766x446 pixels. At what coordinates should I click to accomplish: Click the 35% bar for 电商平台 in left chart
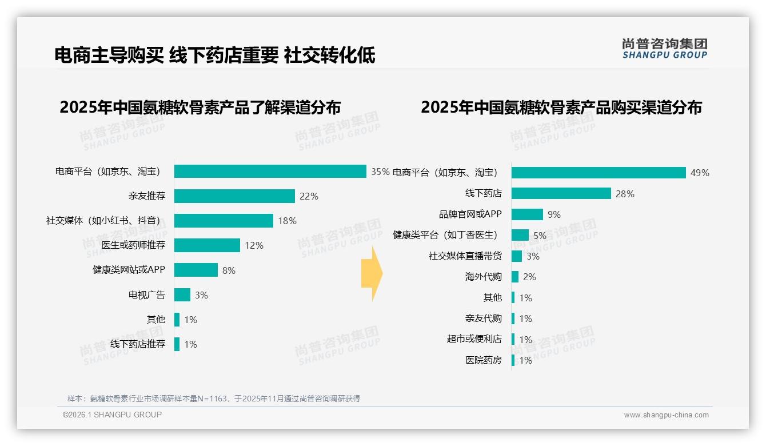click(x=270, y=172)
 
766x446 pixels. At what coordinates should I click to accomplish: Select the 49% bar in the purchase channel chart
click(x=598, y=173)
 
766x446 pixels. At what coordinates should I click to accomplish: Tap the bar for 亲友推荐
click(x=234, y=196)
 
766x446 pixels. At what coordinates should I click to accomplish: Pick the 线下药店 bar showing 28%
click(x=561, y=193)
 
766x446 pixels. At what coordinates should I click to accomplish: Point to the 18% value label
click(x=287, y=221)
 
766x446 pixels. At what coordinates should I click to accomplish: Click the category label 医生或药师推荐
click(x=133, y=245)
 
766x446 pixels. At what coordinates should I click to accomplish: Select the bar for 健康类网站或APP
click(x=196, y=270)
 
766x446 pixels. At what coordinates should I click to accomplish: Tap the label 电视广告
click(x=146, y=295)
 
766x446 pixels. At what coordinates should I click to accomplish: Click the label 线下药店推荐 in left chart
click(x=138, y=344)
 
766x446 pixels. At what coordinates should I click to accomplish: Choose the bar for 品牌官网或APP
click(x=527, y=214)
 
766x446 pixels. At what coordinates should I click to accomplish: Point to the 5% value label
click(x=540, y=236)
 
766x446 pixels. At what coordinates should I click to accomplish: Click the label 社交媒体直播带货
click(x=465, y=256)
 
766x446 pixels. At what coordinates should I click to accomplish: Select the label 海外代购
click(x=483, y=277)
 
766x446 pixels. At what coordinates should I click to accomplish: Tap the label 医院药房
click(x=483, y=360)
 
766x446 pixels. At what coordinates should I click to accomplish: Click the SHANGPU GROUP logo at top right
click(x=664, y=49)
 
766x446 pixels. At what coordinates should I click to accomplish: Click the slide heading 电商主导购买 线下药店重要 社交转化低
click(x=215, y=55)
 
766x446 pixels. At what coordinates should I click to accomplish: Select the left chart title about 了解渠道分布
click(x=200, y=107)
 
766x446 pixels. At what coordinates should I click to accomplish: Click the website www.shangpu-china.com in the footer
click(x=666, y=415)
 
